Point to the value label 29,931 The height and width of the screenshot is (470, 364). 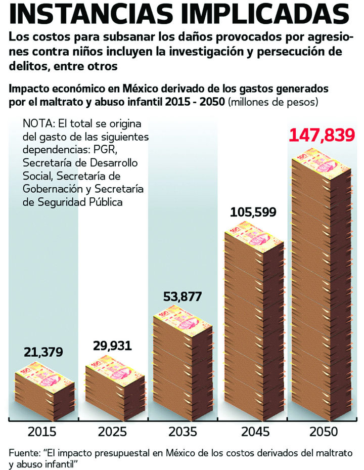(x=112, y=346)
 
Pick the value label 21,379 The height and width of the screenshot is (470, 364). (x=43, y=352)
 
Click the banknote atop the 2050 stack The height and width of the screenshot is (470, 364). (x=322, y=162)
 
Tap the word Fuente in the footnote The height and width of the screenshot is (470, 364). (x=22, y=452)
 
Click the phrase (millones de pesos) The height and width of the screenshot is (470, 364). (x=273, y=102)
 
